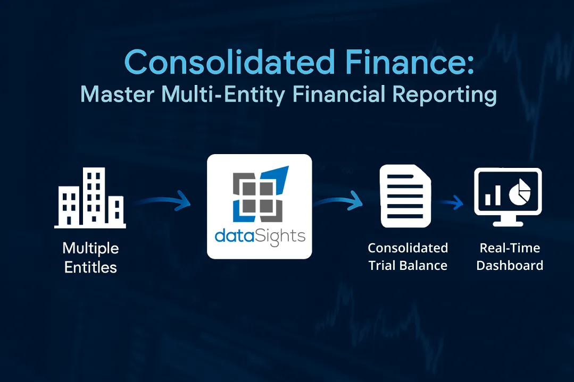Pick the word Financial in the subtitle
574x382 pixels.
pos(340,95)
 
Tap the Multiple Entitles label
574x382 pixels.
pos(90,257)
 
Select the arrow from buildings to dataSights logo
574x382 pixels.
pos(162,201)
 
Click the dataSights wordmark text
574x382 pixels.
pos(260,235)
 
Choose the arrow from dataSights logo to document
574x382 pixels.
pos(338,201)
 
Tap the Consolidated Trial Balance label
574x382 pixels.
pos(408,257)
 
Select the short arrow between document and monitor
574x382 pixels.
pos(451,202)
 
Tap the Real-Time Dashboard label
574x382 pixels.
pos(510,257)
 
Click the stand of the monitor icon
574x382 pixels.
pos(508,220)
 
